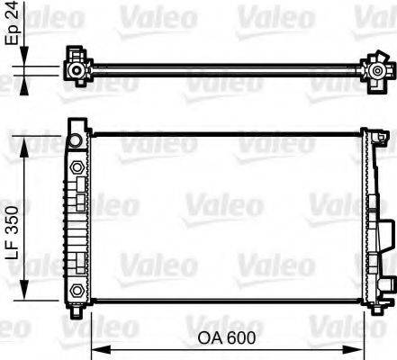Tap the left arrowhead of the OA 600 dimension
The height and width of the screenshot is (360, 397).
tap(101, 349)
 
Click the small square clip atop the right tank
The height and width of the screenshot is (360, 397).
tap(368, 134)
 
